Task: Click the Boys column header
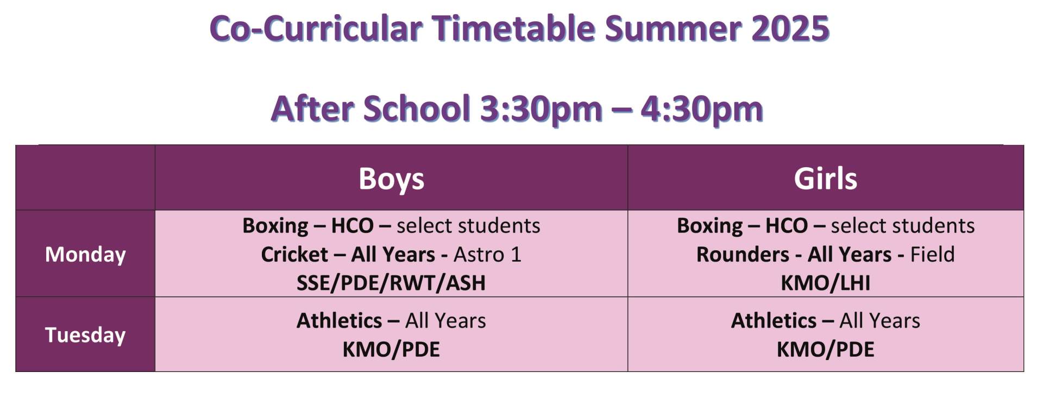tap(391, 179)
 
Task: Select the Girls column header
tap(825, 178)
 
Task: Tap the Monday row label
tap(85, 254)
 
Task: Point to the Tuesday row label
tap(85, 334)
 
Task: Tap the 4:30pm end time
tap(702, 109)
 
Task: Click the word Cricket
tap(294, 254)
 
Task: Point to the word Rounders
tap(743, 254)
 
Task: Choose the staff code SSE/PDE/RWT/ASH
tap(391, 283)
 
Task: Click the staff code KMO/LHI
tap(825, 283)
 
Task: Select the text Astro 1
tap(487, 254)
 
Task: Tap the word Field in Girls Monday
tap(932, 254)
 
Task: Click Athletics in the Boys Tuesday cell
tap(339, 320)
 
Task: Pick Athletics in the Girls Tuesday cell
tap(774, 320)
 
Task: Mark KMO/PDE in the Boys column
tap(391, 349)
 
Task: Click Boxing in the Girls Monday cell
tap(709, 226)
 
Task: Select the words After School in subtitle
tap(370, 108)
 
